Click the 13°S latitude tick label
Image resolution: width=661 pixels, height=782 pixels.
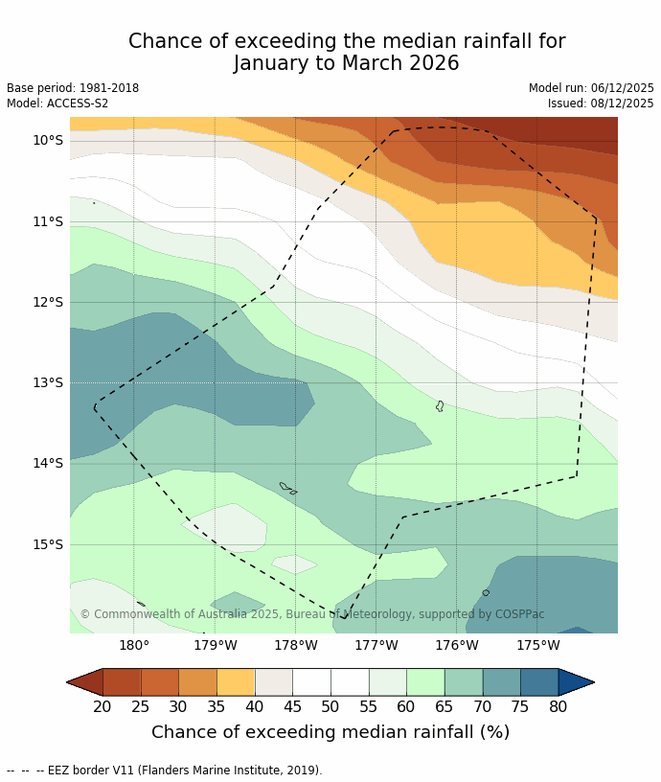click(47, 382)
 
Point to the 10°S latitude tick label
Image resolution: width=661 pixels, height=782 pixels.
click(47, 140)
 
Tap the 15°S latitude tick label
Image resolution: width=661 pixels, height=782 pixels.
click(47, 544)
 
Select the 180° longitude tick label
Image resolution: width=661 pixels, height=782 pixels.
click(134, 645)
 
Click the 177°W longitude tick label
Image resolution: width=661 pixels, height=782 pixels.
click(376, 645)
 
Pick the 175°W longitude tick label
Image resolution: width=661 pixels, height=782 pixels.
click(538, 645)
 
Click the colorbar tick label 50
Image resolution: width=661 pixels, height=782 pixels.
click(330, 707)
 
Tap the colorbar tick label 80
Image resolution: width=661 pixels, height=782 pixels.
click(558, 707)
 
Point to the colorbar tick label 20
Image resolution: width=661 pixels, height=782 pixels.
click(103, 707)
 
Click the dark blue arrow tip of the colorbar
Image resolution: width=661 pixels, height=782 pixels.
click(578, 682)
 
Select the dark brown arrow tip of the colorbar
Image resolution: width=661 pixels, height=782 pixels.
click(82, 682)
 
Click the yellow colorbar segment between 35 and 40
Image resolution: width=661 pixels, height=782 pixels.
click(236, 682)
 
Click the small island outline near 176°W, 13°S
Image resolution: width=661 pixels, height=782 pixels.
click(440, 406)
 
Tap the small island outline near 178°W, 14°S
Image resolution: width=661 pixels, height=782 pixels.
click(286, 488)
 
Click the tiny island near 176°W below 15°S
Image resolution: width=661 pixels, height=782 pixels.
click(486, 592)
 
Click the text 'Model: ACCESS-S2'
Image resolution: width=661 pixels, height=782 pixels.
click(57, 103)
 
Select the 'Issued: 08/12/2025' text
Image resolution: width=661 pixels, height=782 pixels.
click(601, 103)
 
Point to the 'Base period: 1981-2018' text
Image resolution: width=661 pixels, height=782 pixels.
click(73, 88)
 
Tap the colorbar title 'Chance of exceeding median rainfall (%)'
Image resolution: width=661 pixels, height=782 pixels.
click(330, 732)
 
